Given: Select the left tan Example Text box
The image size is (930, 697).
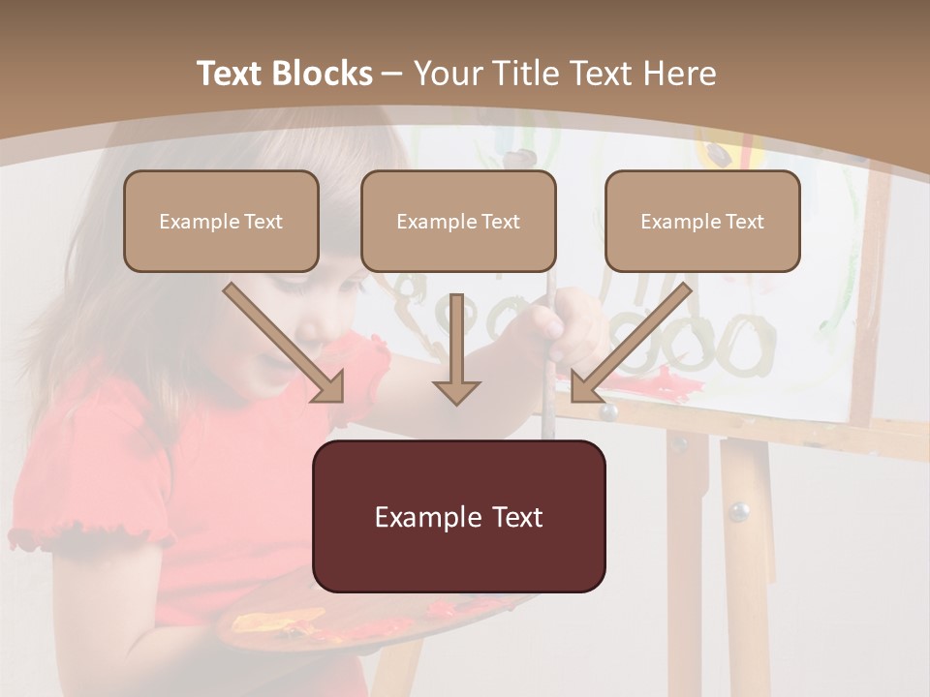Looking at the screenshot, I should point(221,221).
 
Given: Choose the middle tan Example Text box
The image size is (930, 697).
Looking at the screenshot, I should point(458,221).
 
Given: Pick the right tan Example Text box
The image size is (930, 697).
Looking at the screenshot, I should point(702,221).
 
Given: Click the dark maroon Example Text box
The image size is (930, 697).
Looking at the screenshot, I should point(458,516).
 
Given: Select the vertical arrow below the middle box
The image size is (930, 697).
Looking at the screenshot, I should point(456,348).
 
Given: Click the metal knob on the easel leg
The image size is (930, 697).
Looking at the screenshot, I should point(739,510).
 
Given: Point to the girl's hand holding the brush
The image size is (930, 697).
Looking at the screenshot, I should point(572,324).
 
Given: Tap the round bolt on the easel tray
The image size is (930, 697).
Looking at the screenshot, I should point(608,413).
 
